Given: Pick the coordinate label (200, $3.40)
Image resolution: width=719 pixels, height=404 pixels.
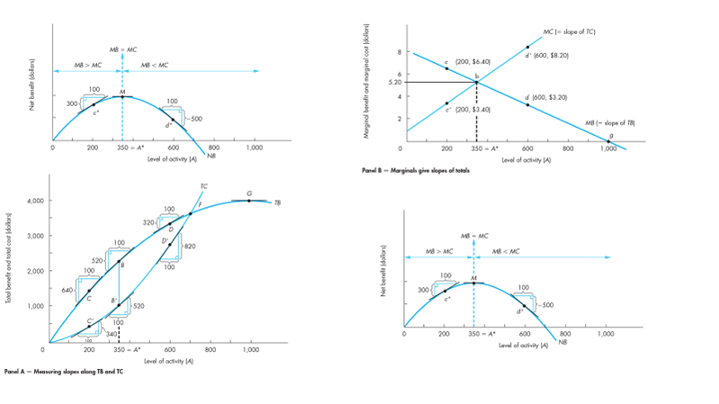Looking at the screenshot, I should (x=473, y=108).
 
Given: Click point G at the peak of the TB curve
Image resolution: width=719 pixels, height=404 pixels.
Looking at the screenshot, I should (x=249, y=200).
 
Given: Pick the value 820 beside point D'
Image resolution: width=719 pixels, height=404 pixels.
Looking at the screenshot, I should (x=190, y=246).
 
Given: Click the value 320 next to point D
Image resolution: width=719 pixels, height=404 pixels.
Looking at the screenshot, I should (x=149, y=221).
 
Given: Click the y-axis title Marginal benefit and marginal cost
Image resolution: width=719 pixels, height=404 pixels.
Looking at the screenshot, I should (x=368, y=81).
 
